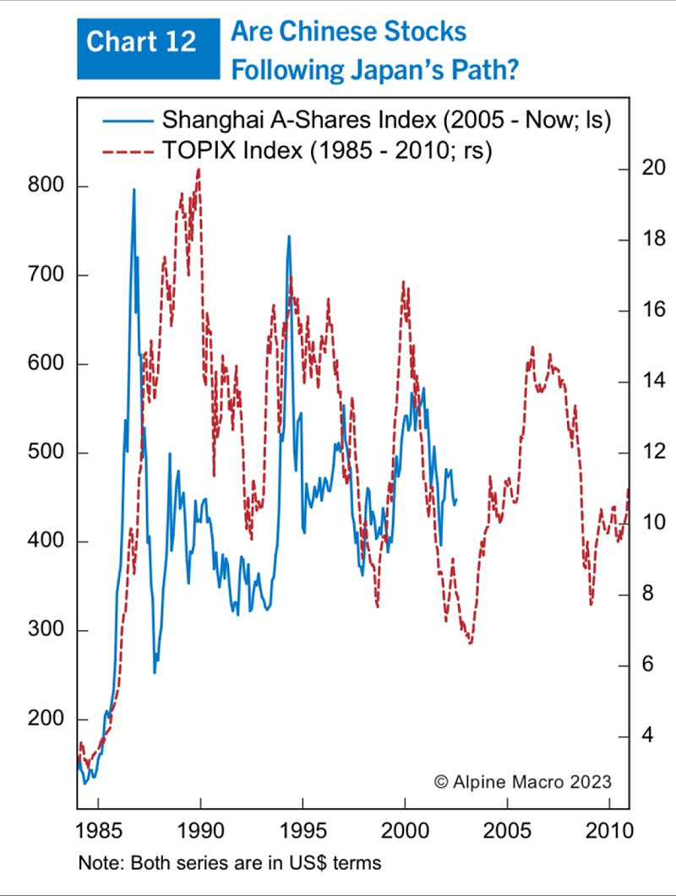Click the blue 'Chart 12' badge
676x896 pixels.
141,41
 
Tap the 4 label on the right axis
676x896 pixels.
648,736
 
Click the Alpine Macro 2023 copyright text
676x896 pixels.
522,781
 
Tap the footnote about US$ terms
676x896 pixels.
229,863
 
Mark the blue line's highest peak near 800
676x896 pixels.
134,190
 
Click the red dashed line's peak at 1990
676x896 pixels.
199,170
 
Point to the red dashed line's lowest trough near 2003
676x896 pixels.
470,643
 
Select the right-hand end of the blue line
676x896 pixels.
456,500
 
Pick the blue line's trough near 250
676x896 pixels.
155,672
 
